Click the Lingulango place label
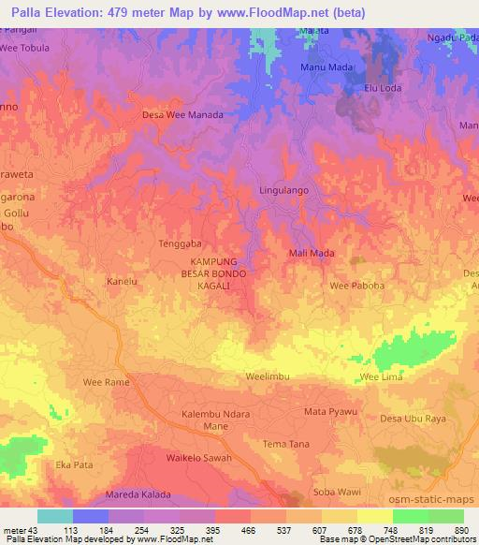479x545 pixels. (284, 190)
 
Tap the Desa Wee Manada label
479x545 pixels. (181, 114)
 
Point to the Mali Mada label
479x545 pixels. (312, 253)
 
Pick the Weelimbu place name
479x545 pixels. (269, 375)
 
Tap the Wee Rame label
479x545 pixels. (105, 382)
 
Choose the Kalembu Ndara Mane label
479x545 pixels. (216, 420)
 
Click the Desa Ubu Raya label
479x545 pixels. (414, 419)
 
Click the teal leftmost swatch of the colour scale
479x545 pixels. (54, 516)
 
